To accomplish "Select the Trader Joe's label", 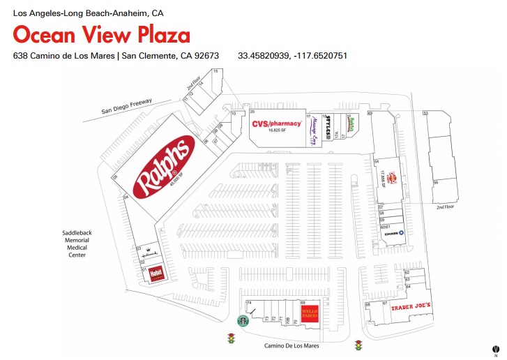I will coord(411,306).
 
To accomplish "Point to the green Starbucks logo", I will coord(243,320).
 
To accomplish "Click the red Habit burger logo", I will coord(156,275).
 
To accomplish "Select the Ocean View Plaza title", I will coord(101,35).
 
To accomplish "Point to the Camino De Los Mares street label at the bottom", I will coord(292,345).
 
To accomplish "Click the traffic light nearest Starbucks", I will coord(231,339).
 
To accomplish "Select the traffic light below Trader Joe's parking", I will coord(359,345).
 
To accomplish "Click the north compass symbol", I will coord(495,347).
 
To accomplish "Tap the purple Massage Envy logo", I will coord(313,130).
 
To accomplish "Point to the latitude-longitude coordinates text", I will coord(292,56).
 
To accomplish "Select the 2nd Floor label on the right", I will coord(445,207).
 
